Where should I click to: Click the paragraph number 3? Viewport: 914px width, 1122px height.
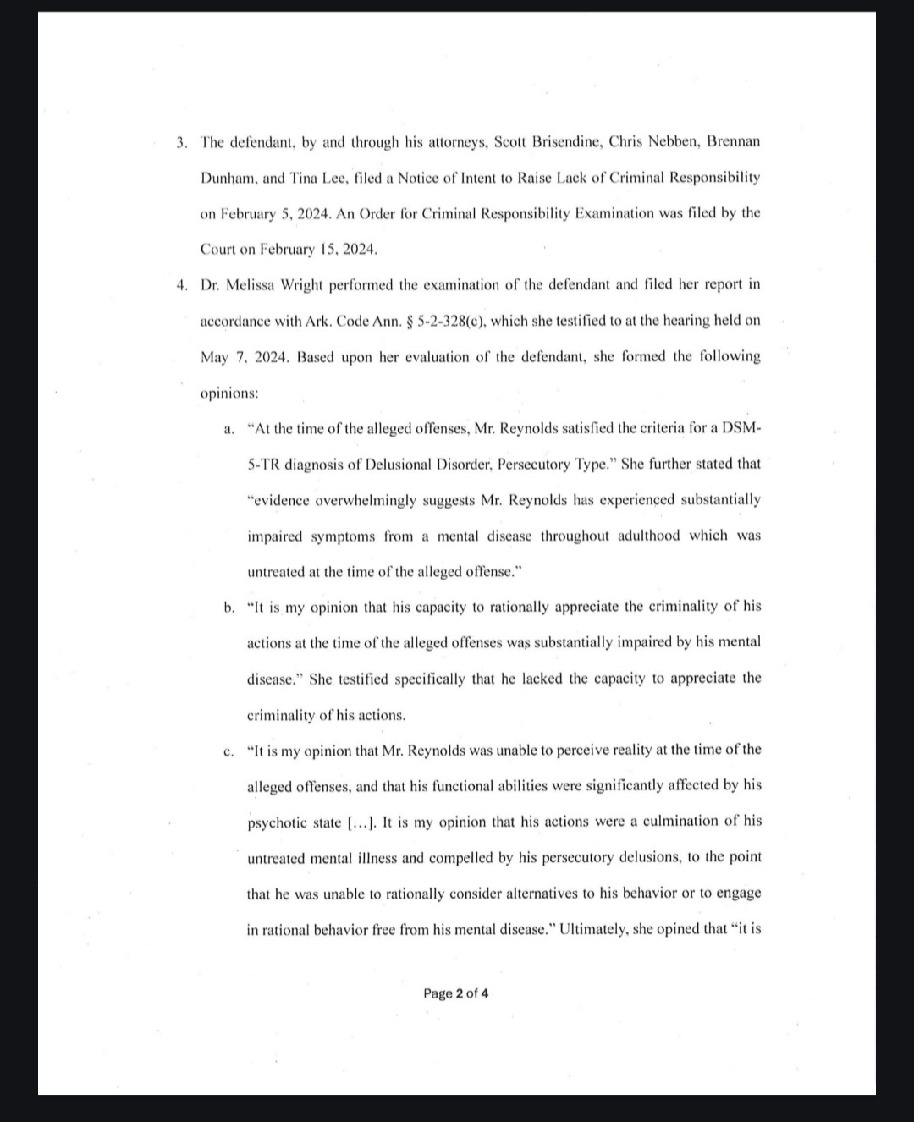click(x=181, y=141)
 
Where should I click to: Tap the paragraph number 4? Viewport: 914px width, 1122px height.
click(x=181, y=284)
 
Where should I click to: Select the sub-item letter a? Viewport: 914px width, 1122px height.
click(x=228, y=429)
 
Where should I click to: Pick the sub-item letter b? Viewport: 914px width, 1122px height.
click(x=228, y=607)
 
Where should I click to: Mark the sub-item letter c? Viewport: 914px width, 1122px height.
click(x=228, y=751)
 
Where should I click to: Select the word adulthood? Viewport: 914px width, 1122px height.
click(x=646, y=536)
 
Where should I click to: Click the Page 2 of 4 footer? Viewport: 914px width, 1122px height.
click(x=456, y=993)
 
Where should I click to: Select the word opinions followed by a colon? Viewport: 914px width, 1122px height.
click(x=229, y=393)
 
